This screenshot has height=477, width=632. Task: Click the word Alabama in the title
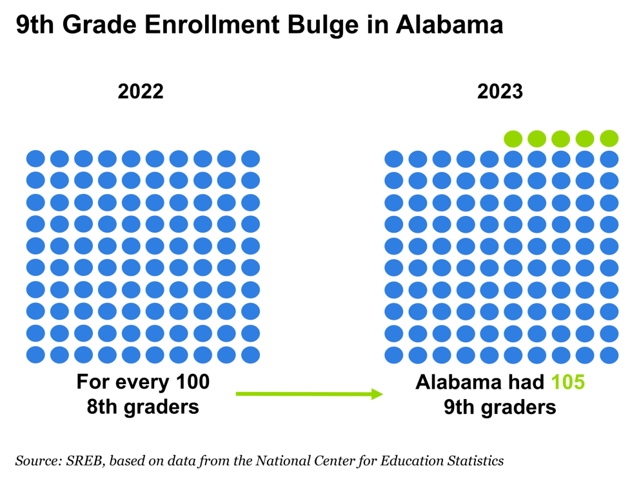pos(449,24)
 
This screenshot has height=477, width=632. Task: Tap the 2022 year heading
pos(141,92)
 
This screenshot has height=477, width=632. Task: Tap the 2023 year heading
pos(500,92)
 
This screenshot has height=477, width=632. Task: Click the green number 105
pos(568,382)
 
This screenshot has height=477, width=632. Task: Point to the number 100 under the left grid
pos(193,382)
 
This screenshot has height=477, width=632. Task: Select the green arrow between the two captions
pos(309,394)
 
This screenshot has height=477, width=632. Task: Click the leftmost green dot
pos(513,139)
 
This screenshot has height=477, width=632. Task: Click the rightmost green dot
pos(609,139)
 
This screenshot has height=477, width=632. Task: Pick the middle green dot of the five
pos(560,139)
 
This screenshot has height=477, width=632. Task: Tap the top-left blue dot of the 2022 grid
pos(35,159)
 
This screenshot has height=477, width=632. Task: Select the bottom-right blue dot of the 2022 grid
pos(250,355)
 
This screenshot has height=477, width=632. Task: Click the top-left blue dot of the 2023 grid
pos(394,159)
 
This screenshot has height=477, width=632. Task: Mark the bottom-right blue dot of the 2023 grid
pos(609,355)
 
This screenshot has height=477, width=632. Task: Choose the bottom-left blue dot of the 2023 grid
pos(394,355)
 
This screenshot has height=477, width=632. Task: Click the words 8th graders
pos(143,407)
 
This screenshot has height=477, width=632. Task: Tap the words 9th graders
pos(500,407)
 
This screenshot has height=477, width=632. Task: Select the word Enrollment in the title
pos(212,24)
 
